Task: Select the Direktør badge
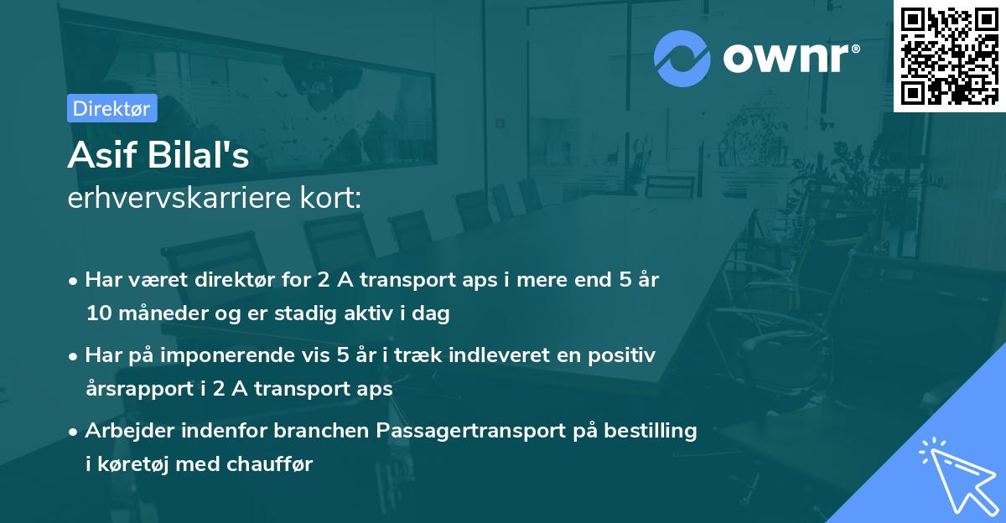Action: tap(111, 108)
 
